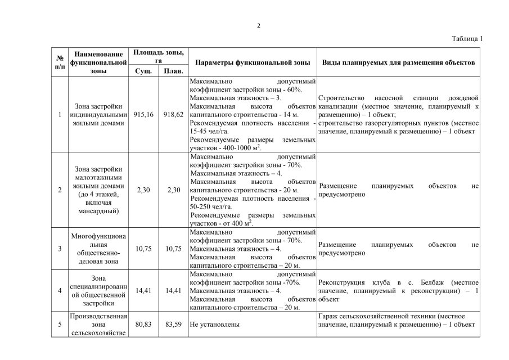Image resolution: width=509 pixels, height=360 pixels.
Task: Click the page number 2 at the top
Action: (259, 25)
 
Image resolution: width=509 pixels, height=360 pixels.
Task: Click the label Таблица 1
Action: (467, 39)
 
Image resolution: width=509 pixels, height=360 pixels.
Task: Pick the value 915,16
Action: (143, 114)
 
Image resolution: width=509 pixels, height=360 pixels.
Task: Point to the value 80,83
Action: (143, 325)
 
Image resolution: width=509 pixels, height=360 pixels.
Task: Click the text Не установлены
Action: (215, 325)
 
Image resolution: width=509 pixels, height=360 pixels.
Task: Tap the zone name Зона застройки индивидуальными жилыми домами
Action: (98, 114)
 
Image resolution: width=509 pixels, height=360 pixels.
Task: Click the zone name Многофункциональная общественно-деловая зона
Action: (98, 249)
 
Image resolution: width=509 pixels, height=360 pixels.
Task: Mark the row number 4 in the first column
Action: (60, 291)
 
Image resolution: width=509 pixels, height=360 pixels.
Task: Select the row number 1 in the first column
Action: (60, 114)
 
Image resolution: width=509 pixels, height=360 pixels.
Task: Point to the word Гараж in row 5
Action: (328, 317)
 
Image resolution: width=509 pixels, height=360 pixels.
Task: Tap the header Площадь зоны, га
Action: (158, 56)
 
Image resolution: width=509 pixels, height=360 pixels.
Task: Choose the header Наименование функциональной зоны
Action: (98, 62)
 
